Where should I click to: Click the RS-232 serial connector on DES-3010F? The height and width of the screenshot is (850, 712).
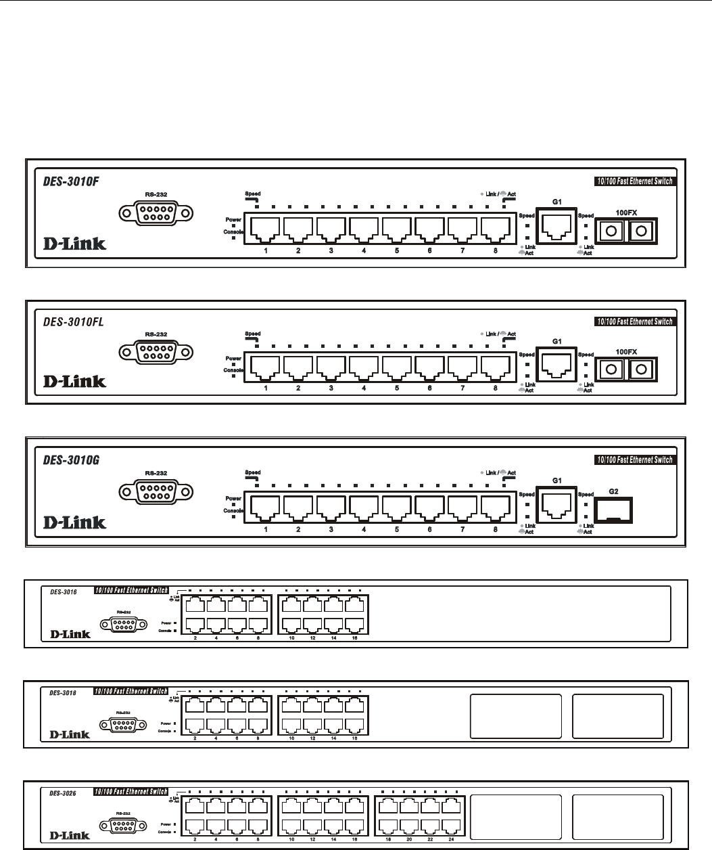click(155, 214)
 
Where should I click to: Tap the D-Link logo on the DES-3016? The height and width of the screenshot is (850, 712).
click(70, 634)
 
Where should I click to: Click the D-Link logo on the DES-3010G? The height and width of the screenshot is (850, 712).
click(75, 522)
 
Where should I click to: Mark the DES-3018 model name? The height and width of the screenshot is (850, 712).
click(63, 692)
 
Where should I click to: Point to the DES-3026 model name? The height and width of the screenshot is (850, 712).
click(63, 792)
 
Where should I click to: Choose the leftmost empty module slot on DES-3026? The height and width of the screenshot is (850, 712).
click(516, 818)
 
